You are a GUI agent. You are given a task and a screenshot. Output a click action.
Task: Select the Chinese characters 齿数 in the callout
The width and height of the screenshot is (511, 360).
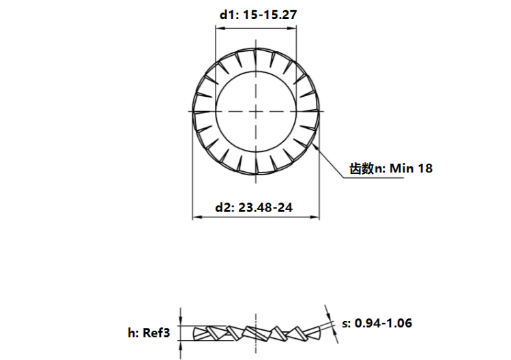[x=361, y=168]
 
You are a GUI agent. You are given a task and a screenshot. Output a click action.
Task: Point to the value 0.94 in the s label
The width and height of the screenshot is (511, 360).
[x=368, y=322]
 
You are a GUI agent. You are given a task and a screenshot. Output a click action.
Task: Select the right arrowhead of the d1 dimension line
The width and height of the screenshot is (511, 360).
[x=297, y=28]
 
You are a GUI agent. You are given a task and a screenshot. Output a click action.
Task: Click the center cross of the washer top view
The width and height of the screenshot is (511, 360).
[x=257, y=110]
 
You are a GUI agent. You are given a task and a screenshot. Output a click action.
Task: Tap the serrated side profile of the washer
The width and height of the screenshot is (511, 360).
[x=257, y=333]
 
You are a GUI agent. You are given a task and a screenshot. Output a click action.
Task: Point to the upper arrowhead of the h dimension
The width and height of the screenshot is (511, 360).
[x=181, y=323]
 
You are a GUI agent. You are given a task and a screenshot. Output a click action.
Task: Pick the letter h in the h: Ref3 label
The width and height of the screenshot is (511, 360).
[x=131, y=333]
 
